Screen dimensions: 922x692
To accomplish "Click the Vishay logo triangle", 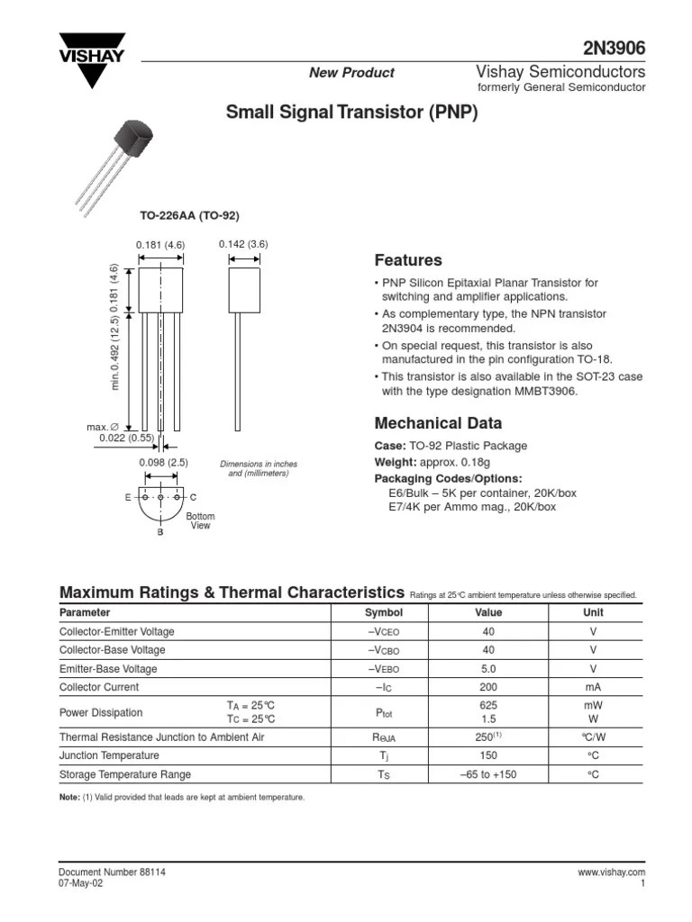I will point(92,60).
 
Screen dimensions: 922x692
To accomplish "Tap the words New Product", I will point(351,73).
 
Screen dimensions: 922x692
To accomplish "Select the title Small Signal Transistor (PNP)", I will point(351,113).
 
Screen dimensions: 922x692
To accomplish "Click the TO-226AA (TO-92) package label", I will point(189,215).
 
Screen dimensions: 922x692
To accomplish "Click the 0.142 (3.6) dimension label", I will point(243,244).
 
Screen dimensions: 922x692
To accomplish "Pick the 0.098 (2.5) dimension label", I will point(163,462).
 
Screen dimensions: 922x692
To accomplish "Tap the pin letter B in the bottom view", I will point(160,533).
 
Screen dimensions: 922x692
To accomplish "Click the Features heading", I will point(408,260).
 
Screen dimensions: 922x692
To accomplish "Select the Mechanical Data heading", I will point(438,423).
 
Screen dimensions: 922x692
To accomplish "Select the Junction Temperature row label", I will point(109,755).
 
